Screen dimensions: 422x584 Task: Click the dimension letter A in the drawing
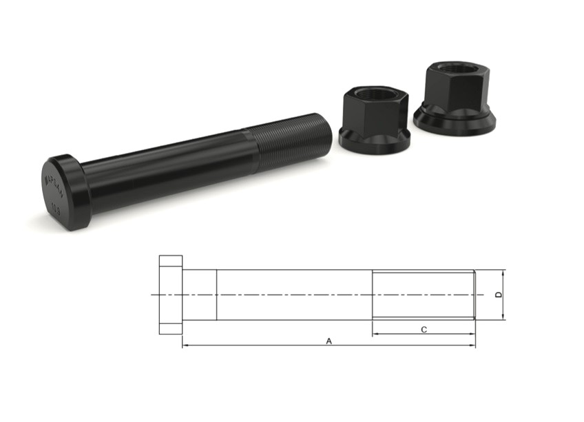click(328, 340)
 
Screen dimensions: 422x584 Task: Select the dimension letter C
click(424, 330)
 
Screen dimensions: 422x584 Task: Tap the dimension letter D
click(498, 295)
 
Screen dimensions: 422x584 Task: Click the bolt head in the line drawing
click(171, 295)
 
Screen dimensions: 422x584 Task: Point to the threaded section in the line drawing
click(423, 295)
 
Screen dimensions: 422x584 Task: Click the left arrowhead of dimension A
click(185, 346)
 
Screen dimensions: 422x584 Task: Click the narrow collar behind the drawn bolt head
click(200, 295)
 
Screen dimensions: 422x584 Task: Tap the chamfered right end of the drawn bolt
click(474, 295)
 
